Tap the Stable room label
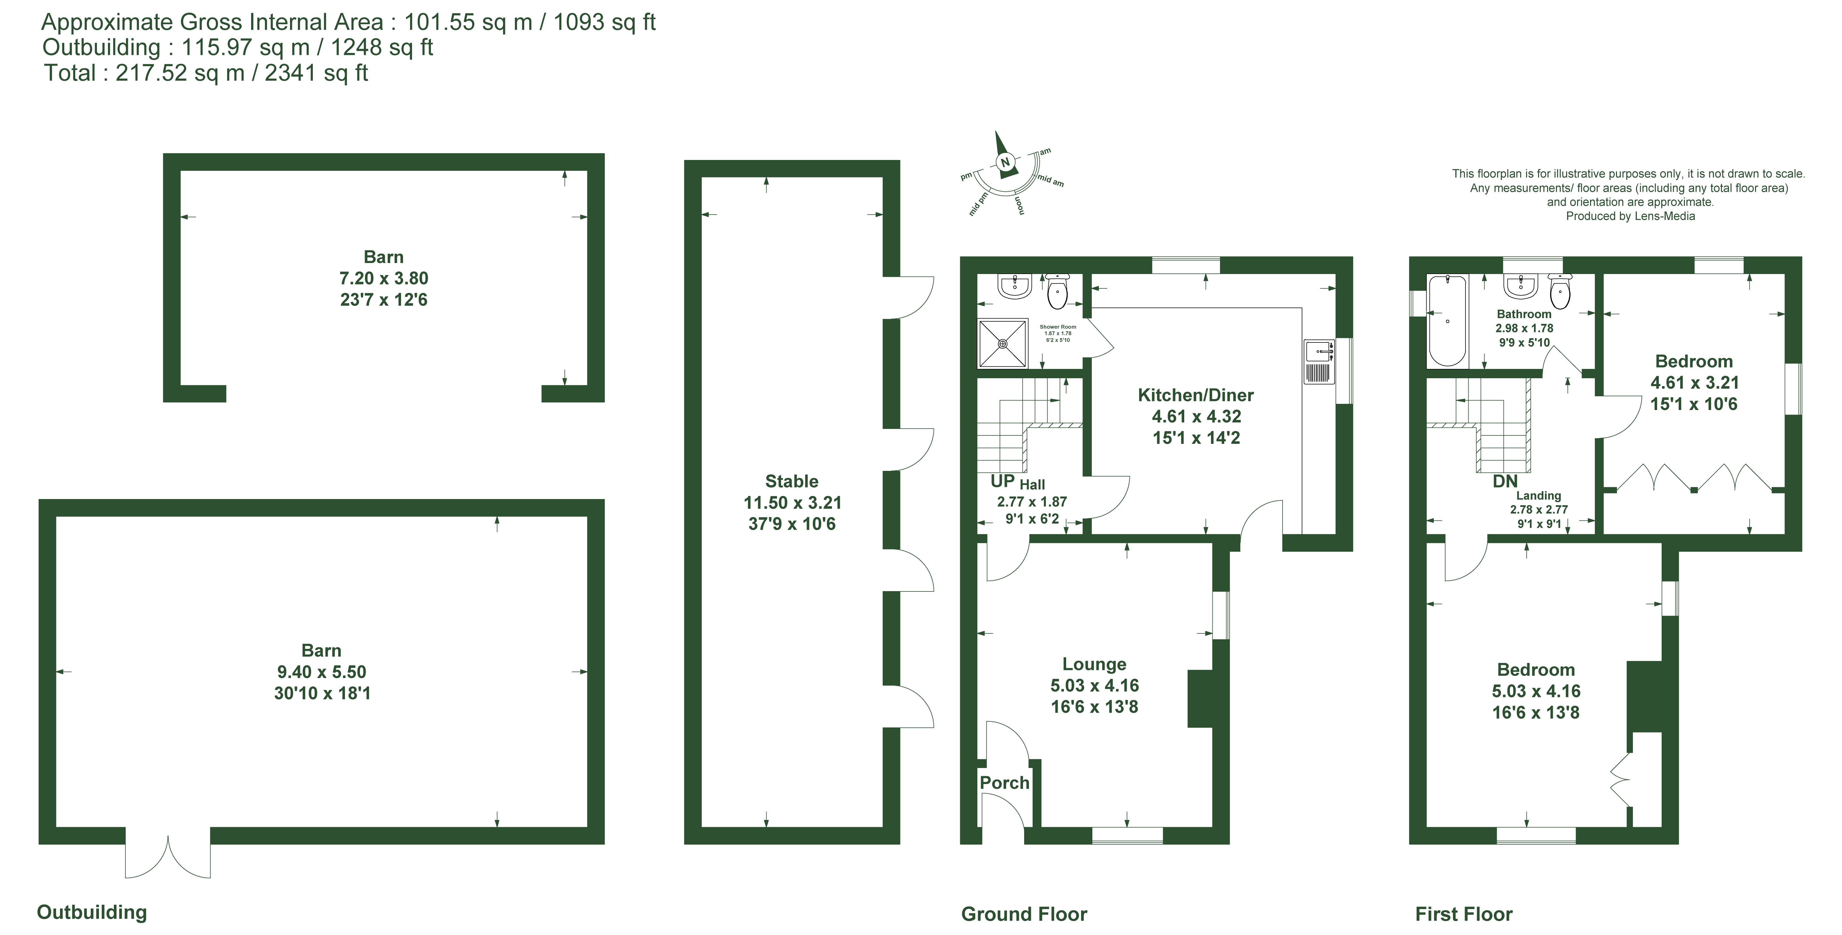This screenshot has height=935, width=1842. point(792,481)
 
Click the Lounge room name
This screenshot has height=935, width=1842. point(1094,664)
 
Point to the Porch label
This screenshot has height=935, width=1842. point(1004,783)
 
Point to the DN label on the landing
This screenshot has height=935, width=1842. point(1504,481)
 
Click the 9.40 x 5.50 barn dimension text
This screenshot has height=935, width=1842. point(322,672)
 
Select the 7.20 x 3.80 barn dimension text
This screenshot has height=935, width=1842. point(384,278)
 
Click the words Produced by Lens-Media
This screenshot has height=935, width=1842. point(1630,216)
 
